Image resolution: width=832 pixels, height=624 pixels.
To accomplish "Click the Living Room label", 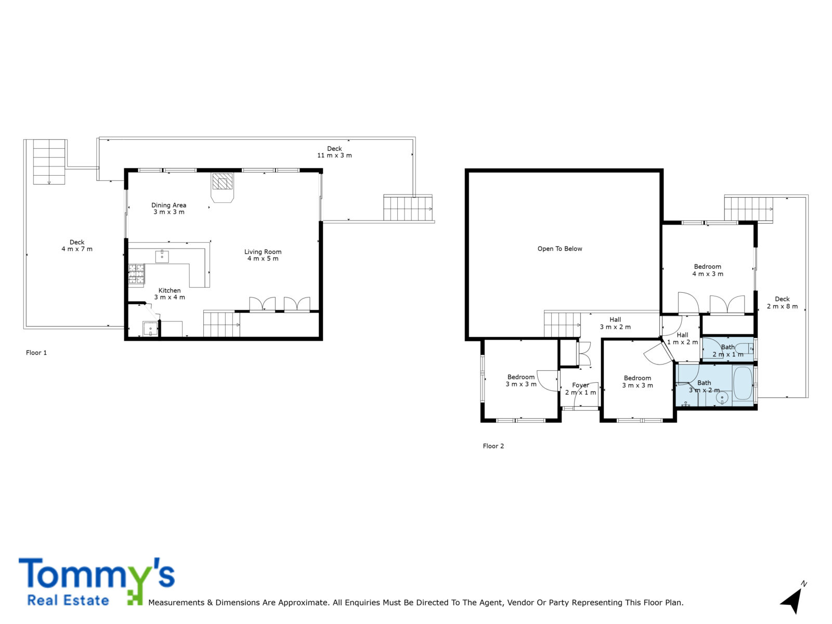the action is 263,252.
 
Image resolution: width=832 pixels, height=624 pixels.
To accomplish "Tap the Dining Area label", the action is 168,205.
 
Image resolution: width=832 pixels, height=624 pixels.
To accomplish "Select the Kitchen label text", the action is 170,291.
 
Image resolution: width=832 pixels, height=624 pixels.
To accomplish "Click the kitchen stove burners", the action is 136,274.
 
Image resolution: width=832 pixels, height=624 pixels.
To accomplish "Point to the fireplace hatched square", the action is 222,181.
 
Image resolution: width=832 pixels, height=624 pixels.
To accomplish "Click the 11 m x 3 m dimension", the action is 334,155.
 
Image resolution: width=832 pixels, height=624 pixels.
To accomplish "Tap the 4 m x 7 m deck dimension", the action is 77,249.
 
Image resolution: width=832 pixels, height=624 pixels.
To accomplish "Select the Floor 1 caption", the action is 36,353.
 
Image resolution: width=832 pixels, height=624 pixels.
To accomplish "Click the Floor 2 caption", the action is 493,446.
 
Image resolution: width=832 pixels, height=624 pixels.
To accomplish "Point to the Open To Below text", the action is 560,249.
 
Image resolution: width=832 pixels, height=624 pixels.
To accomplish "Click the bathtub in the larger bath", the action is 742,383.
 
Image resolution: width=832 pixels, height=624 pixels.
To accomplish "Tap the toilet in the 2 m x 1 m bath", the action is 744,348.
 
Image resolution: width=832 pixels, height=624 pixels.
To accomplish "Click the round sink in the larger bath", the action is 722,398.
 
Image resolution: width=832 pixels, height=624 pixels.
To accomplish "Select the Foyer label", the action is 580,385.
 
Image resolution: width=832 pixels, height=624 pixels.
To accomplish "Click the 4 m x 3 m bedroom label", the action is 707,274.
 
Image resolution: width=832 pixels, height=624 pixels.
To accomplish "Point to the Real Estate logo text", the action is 68,601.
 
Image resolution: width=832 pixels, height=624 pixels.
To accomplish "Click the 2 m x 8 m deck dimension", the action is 782,306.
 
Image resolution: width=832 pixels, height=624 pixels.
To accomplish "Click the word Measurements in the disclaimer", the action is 176,602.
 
